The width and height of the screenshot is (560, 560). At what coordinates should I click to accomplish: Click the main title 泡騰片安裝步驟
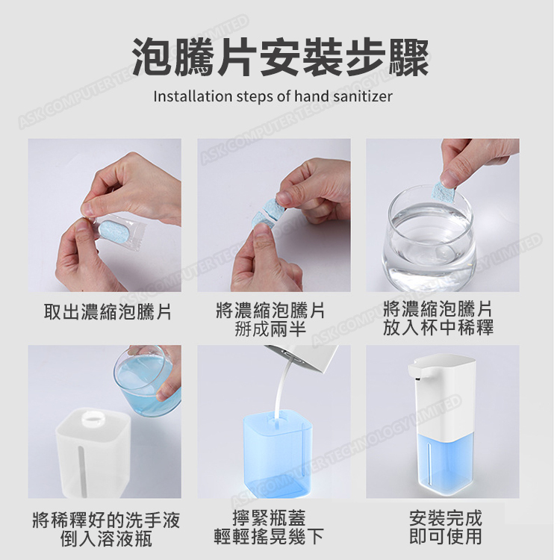click(280, 57)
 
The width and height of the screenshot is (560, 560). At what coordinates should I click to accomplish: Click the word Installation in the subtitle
click(193, 96)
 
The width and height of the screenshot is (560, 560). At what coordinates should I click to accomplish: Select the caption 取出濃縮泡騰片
click(108, 312)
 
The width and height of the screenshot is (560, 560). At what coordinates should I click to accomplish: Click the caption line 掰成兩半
click(270, 329)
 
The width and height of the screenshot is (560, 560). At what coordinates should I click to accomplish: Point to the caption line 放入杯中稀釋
click(438, 328)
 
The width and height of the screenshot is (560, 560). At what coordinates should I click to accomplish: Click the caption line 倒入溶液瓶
click(106, 538)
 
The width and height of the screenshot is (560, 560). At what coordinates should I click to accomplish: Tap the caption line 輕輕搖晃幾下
click(269, 536)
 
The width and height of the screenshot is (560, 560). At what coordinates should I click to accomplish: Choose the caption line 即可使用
click(446, 536)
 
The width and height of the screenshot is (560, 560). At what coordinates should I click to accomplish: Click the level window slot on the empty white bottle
click(83, 470)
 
